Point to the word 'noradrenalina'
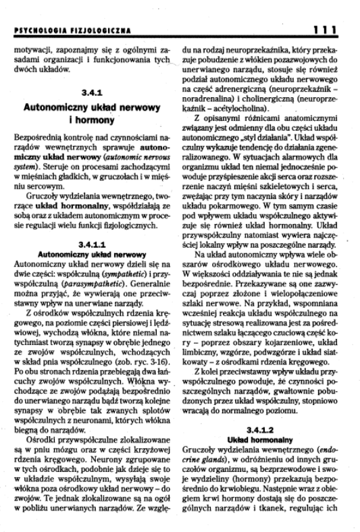point(218,96)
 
